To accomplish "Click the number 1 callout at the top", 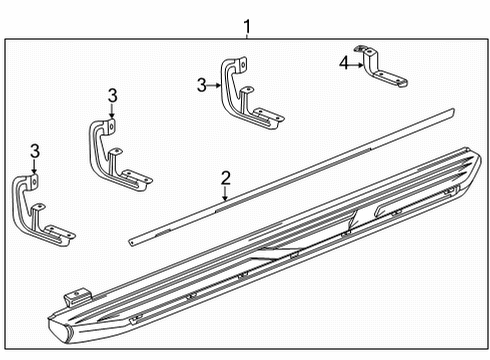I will pos(246,27).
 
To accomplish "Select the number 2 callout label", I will pos(226,178).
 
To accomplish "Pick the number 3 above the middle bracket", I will pos(112,95).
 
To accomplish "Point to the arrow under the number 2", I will pos(226,194).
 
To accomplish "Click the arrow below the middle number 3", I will pos(112,112).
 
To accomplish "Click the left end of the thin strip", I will pos(133,240).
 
